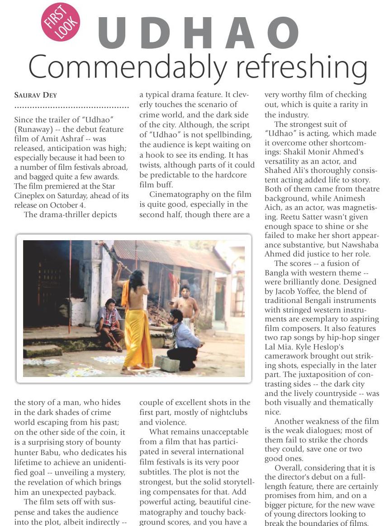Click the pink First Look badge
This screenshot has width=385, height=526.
tap(61, 22)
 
